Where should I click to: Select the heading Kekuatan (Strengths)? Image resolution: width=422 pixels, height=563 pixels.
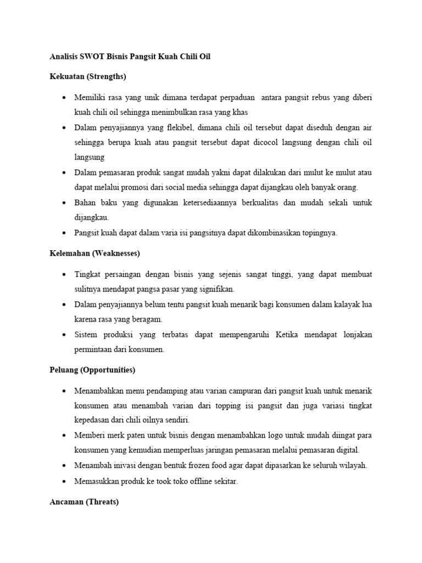click(x=87, y=76)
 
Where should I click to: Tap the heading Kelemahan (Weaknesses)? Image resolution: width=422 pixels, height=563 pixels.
click(x=95, y=253)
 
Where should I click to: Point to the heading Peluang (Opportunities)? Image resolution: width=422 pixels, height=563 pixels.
click(x=92, y=370)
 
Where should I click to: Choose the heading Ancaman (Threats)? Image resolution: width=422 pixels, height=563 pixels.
click(x=84, y=502)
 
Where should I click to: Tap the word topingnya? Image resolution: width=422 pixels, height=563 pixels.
click(x=318, y=233)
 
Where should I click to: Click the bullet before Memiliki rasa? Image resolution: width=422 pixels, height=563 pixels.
click(x=64, y=97)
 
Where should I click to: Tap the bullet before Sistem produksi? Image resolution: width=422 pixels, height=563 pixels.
click(x=64, y=335)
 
